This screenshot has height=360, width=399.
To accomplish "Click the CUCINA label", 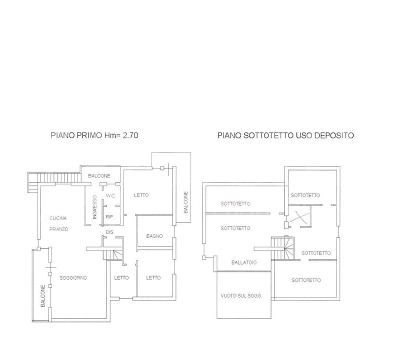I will (58, 218).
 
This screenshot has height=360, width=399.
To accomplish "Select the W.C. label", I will (110, 195).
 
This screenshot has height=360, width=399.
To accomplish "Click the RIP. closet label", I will (109, 216).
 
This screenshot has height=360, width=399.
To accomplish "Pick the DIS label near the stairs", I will (110, 233).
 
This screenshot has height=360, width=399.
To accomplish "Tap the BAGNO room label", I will (154, 236).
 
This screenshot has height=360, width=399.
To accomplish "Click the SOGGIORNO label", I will (73, 277).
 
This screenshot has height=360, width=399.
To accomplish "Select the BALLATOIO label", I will (243, 262).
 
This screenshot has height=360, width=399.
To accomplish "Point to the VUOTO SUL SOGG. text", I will (241, 295).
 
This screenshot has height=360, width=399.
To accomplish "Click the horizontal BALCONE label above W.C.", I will (99, 176).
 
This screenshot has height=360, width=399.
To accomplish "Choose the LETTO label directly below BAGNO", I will (153, 278).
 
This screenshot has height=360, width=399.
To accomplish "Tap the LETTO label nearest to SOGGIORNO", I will (121, 278).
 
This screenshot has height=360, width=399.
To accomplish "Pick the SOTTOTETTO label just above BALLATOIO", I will (235, 228).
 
